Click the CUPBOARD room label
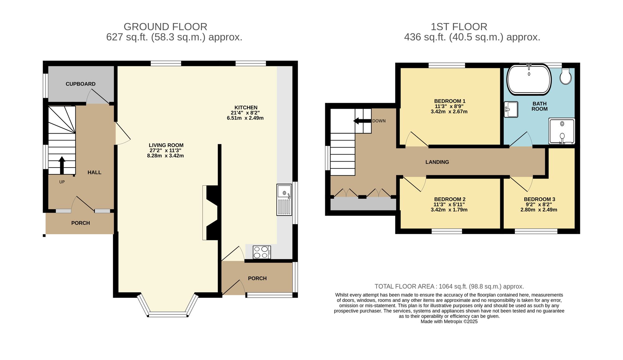(x=80, y=84)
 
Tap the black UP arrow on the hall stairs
(x=62, y=165)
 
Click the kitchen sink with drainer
(x=284, y=200)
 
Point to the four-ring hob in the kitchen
(x=262, y=252)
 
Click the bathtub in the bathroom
(x=529, y=80)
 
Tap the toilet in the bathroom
(x=565, y=76)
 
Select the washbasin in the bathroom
(x=511, y=109)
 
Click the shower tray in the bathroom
(x=562, y=131)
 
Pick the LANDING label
(x=437, y=162)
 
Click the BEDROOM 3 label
(x=539, y=199)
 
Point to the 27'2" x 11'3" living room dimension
(x=165, y=150)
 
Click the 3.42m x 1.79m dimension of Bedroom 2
(x=449, y=210)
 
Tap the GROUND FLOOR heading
(x=165, y=27)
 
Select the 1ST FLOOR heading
(x=459, y=27)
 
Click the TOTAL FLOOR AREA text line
(x=449, y=287)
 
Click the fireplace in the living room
(x=212, y=213)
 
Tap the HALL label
(x=94, y=173)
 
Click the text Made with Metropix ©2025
(x=449, y=322)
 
